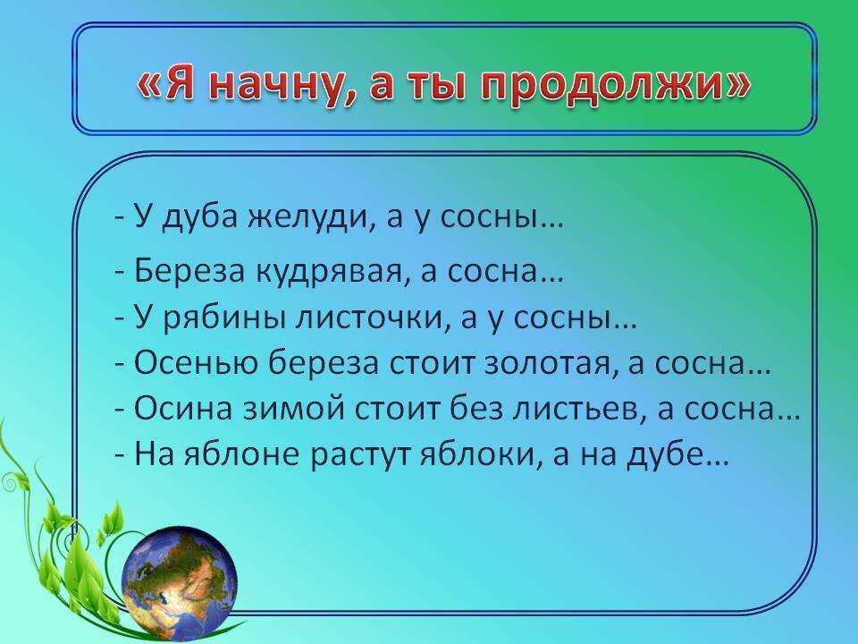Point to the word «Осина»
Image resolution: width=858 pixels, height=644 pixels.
click(184, 410)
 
